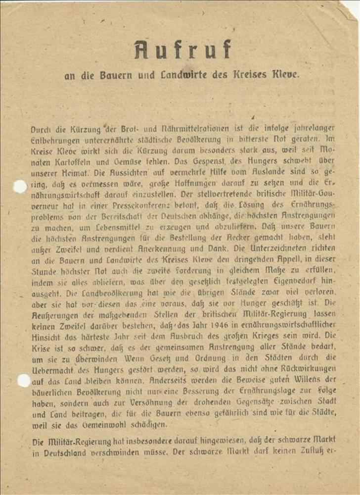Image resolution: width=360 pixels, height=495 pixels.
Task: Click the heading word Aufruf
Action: [182, 49]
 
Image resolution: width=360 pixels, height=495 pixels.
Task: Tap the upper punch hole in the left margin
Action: [20, 187]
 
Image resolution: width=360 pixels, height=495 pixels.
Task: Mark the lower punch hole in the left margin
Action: [23, 380]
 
